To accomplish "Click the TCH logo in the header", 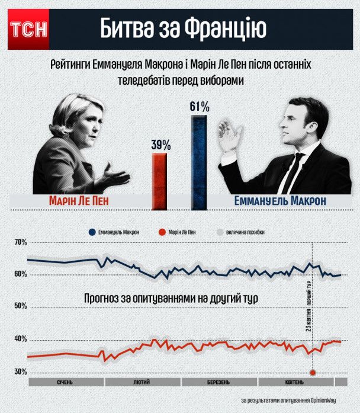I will [27, 29].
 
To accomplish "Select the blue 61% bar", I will [200, 162].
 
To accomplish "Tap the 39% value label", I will [161, 145].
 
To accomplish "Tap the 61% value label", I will [200, 107].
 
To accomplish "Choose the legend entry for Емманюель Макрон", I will [115, 232].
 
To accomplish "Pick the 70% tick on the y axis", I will [21, 242].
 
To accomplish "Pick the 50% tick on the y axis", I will [21, 306].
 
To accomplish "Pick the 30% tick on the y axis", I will [21, 372].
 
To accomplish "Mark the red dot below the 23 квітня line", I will [312, 372].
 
